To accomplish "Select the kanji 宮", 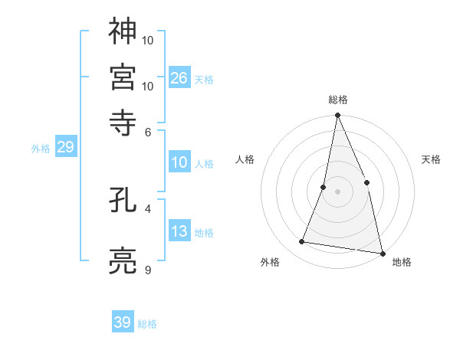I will point(123,76).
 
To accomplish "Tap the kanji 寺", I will point(123,122).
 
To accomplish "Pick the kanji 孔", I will point(123,202).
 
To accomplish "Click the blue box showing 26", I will point(179,78).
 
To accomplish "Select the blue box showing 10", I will point(179,162).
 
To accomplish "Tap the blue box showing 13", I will point(179,231).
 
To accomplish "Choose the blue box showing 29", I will point(66,147).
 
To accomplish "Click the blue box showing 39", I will point(123,322).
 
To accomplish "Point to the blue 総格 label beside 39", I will point(147,324).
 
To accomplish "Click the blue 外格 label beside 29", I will point(41,149).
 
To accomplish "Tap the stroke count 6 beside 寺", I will point(148,132).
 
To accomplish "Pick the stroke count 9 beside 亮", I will point(148,270).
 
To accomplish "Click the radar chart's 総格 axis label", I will point(337,100).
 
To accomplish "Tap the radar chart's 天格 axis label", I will point(431,159).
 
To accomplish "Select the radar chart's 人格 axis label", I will point(245,159).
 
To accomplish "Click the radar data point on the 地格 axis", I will point(382,252).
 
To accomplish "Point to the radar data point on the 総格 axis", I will point(337,116).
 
